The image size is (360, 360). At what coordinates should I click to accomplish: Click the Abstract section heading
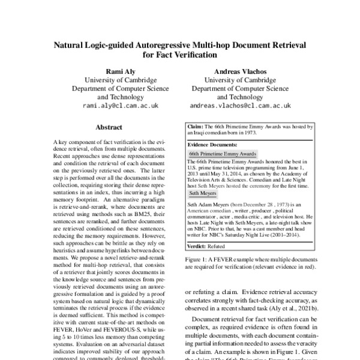[x=109, y=127]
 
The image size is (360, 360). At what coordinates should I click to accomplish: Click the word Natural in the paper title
[x=71, y=45]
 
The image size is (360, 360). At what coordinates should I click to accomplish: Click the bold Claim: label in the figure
[x=195, y=127]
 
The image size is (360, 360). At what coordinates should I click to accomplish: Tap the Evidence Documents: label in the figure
[x=211, y=145]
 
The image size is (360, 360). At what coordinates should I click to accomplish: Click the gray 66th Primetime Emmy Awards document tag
[x=214, y=154]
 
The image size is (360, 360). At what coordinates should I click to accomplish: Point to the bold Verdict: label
[x=197, y=246]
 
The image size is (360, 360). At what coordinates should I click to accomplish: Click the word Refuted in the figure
[x=217, y=246]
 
